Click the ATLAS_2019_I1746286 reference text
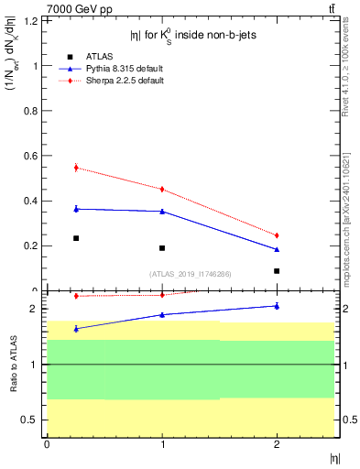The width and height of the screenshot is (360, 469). (191, 273)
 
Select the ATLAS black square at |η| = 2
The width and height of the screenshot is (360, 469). (277, 271)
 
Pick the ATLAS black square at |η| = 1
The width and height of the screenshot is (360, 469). (162, 248)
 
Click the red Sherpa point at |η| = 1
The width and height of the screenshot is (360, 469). (162, 190)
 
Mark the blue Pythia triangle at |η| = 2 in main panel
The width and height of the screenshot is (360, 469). (277, 249)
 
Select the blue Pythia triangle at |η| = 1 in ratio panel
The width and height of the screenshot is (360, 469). (162, 314)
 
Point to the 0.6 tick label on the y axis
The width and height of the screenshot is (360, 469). (32, 156)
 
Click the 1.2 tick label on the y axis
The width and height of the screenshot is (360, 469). (32, 20)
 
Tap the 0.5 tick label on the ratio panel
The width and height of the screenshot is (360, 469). (32, 420)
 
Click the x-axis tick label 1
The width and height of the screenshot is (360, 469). (162, 445)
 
